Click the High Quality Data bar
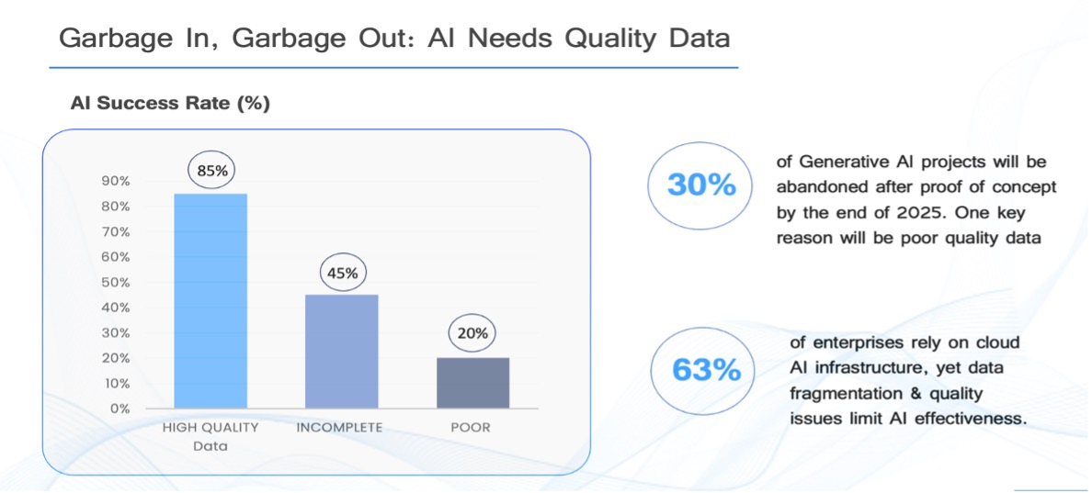click(210, 300)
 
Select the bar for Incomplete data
click(342, 351)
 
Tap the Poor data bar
click(472, 383)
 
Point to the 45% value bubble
click(342, 273)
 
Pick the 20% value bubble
click(472, 333)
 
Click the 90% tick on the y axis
click(115, 182)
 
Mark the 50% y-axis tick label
click(115, 283)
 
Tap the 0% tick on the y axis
click(119, 409)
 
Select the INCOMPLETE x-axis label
click(340, 428)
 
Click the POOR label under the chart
click(471, 428)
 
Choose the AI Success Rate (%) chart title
click(170, 104)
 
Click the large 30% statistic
click(700, 185)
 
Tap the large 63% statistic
click(706, 369)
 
